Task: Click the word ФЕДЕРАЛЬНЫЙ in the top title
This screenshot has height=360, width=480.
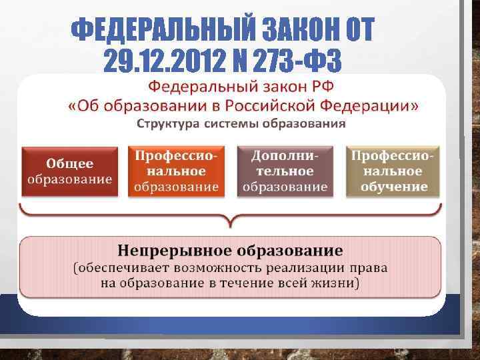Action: coord(161,29)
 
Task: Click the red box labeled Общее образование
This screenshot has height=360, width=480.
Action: coord(69,171)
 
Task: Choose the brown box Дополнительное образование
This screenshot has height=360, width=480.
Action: coord(285,171)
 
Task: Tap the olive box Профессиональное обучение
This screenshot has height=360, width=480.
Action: coord(393,171)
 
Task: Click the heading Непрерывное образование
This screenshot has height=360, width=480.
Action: coord(231,251)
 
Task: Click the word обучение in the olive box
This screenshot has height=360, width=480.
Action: coord(393,187)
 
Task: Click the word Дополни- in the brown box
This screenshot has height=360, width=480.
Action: coord(285,155)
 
